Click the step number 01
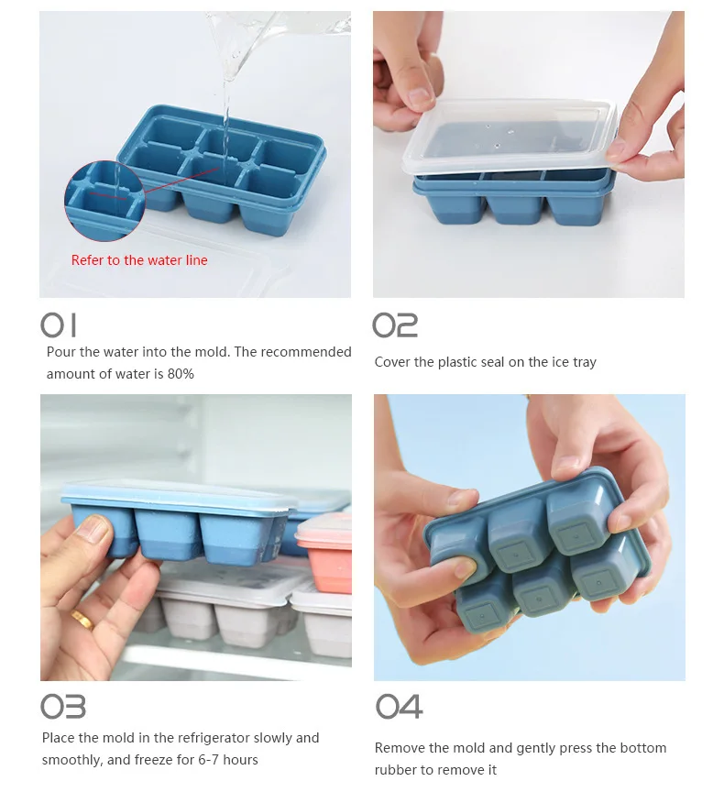(59, 325)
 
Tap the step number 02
(395, 325)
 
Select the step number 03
(63, 707)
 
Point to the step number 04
(399, 707)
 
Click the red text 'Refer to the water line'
(139, 260)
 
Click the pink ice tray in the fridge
(325, 552)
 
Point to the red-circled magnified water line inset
(105, 201)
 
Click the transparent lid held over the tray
(510, 135)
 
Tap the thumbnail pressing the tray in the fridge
(95, 530)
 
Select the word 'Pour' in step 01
(60, 352)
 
